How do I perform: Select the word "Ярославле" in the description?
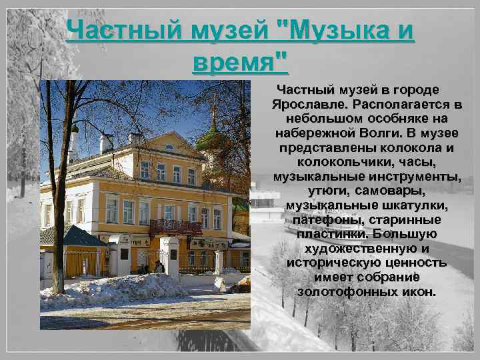(x=309, y=105)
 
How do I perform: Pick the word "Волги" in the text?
(x=380, y=133)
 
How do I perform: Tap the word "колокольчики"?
(x=339, y=162)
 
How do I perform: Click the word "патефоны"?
(x=319, y=219)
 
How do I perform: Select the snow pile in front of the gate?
(x=121, y=288)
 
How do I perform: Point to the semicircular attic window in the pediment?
(x=169, y=146)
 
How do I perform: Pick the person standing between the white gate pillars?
(x=159, y=266)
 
